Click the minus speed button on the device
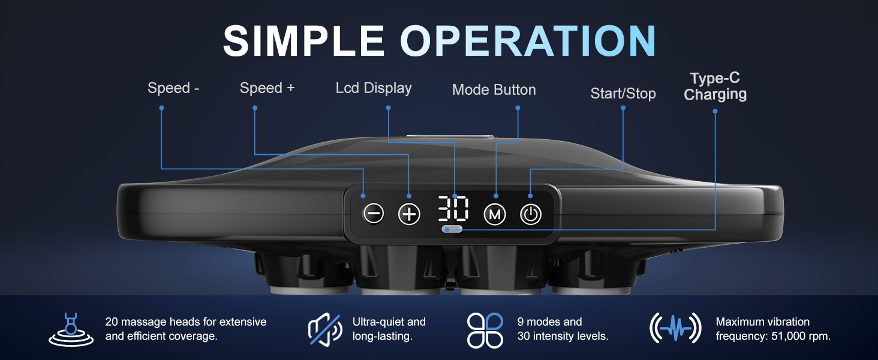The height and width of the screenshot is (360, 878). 373,214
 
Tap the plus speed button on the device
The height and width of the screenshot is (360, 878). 409,214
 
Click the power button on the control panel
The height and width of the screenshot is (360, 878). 531,215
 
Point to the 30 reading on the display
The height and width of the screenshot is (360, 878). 453,208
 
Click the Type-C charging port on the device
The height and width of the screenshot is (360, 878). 452,229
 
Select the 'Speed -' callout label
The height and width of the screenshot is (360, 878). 173,88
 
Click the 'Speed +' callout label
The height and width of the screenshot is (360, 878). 267,88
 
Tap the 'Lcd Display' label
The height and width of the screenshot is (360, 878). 374,88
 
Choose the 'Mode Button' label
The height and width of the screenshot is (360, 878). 494,90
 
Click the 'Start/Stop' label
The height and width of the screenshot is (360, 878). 623,94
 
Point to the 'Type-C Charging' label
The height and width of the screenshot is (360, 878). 715,86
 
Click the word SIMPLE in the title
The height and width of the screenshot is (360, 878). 304,41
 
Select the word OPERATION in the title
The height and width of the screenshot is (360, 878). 528,41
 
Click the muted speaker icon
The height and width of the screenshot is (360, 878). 325,329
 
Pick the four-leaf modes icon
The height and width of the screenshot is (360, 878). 485,330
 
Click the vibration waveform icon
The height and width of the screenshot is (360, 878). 675,328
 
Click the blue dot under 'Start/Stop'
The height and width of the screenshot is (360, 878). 623,108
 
